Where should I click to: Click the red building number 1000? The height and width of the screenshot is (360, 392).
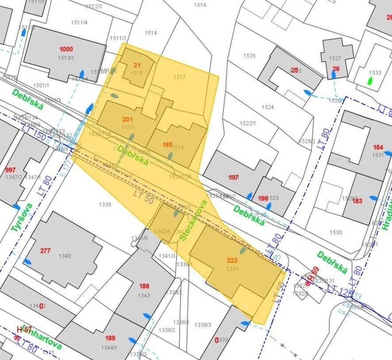[x=66, y=49]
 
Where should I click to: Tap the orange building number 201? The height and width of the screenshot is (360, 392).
[x=127, y=119]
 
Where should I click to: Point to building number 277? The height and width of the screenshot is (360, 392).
[x=45, y=251]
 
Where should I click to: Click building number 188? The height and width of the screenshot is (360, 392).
[x=144, y=286]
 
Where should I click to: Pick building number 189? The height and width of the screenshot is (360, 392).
[x=110, y=338]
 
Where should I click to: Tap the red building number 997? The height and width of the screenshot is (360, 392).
[x=10, y=170]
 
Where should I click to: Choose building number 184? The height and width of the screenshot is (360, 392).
[x=378, y=147]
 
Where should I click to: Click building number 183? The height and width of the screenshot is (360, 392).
[x=357, y=201]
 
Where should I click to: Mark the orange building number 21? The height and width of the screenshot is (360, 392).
[x=137, y=65]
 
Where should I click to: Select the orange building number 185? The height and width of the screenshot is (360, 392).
[x=167, y=145]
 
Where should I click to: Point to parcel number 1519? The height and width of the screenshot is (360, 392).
[x=200, y=5]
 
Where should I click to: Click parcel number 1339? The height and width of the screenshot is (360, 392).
[x=105, y=204]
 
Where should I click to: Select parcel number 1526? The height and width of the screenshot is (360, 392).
[x=250, y=55]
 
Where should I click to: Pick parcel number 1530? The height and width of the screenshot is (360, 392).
[x=335, y=232]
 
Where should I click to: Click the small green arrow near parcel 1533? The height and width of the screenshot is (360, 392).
[x=370, y=81]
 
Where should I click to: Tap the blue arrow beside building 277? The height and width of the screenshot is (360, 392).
[x=27, y=261]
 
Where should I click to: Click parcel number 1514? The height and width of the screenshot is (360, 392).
[x=151, y=33]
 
